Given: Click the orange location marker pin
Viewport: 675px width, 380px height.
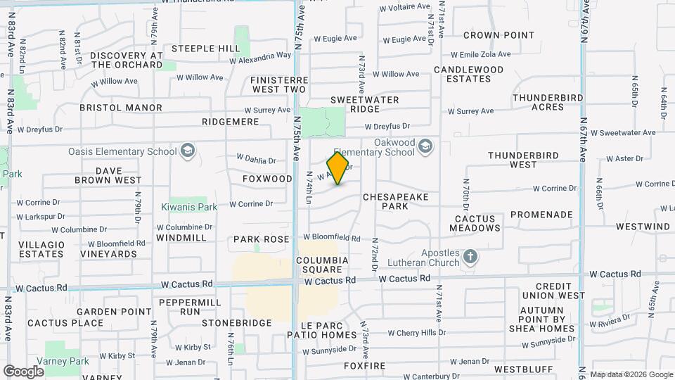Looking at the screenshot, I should click(338, 168).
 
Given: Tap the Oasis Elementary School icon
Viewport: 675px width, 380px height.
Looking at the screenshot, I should click(187, 150).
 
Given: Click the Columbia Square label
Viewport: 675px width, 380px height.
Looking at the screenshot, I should click(322, 265).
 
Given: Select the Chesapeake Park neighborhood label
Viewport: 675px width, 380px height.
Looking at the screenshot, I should click(395, 202).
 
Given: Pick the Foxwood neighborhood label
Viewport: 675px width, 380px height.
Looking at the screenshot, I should click(267, 179).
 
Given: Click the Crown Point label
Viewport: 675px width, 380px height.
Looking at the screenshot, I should click(499, 35).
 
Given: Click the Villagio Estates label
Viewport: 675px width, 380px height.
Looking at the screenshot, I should click(42, 249).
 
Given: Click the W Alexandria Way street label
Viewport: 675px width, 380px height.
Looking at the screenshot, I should click(259, 57).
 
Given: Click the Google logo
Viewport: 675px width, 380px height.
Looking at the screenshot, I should click(23, 371).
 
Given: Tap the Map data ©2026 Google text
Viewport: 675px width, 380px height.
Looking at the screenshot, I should click(631, 374).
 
